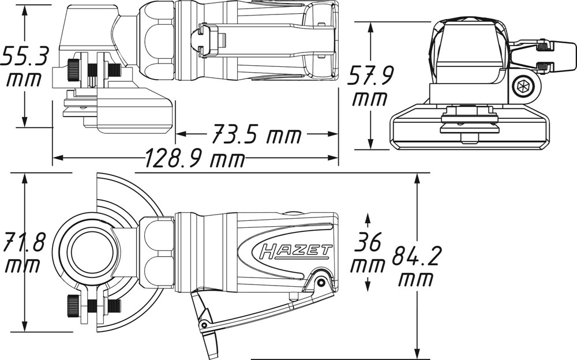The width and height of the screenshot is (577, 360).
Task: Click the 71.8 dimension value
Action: (x=24, y=242)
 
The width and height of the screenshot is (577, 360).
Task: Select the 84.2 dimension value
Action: (x=416, y=257)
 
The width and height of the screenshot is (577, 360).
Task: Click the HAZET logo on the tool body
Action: (x=296, y=252)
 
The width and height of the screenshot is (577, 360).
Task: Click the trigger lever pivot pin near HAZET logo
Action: (x=321, y=282)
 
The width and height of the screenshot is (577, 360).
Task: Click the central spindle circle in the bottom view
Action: (x=88, y=252)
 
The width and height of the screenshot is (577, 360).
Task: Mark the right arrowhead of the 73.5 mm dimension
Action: (x=331, y=134)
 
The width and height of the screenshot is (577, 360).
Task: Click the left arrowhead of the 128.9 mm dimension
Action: (x=59, y=158)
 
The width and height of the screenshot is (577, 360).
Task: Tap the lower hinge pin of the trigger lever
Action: (x=203, y=325)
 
